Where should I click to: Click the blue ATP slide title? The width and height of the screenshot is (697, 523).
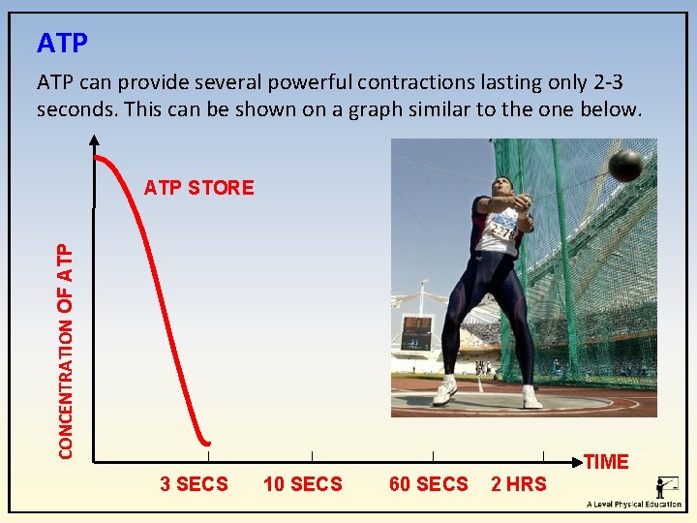point(62,44)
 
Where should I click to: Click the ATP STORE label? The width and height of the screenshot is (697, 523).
point(198,188)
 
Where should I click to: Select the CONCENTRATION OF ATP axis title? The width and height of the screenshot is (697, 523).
point(65,350)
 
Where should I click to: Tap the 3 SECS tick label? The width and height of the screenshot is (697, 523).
point(194,484)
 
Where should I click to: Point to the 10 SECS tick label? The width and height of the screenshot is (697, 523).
point(302,484)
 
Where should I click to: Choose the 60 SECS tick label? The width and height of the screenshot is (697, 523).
point(428,484)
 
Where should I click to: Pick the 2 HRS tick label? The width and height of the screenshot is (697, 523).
point(519,484)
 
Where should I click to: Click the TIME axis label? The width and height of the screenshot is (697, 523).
point(606,462)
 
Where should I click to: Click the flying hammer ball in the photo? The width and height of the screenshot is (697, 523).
point(625,166)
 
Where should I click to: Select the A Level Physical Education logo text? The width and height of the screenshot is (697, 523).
point(633,505)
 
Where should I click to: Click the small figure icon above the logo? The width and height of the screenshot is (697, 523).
point(666,486)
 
